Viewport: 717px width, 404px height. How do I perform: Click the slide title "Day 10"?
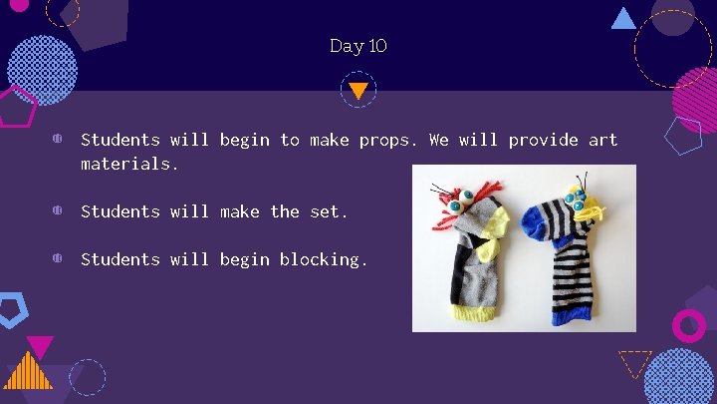[x=358, y=46]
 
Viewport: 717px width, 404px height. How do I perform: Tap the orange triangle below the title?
[x=358, y=90]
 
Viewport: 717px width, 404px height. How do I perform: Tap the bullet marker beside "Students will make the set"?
[x=59, y=211]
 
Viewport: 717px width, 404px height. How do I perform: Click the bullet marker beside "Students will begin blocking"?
[x=59, y=259]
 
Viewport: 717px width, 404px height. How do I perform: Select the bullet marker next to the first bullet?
[x=59, y=141]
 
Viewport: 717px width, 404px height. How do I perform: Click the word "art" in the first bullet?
[x=602, y=141]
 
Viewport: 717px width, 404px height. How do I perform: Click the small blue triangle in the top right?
[x=623, y=18]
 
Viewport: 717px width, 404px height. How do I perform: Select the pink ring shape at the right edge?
[x=688, y=325]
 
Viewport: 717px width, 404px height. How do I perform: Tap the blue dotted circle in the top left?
[x=42, y=70]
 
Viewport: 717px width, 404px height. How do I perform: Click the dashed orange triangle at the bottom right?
[x=634, y=362]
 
